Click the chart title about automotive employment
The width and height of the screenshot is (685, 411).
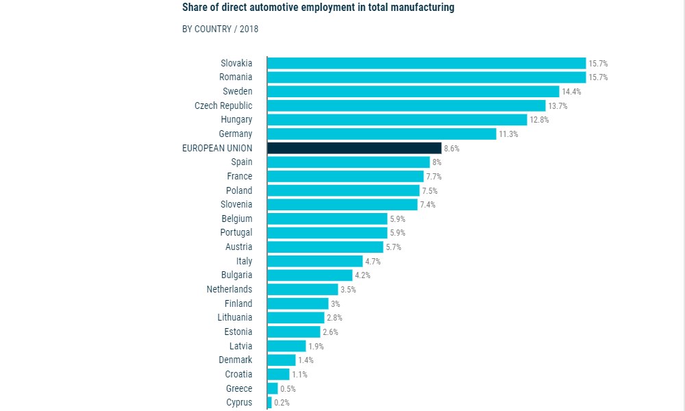tap(318, 8)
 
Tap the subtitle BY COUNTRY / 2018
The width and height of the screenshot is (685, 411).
tap(220, 29)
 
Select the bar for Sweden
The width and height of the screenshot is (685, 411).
tap(413, 91)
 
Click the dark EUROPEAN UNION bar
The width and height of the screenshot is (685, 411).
tap(354, 148)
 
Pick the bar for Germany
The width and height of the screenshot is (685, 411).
tap(382, 134)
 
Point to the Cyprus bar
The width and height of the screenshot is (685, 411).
tap(269, 402)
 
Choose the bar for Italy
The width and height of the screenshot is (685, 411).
tap(314, 261)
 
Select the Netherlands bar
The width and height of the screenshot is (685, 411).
tap(303, 289)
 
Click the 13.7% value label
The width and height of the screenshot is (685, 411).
tap(558, 105)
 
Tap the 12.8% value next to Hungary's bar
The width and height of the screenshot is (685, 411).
tap(539, 120)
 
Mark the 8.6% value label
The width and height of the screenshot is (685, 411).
tap(451, 148)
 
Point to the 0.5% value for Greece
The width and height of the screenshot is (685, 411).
tap(288, 388)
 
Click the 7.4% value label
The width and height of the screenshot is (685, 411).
tap(427, 204)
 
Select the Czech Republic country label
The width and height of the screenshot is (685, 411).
tap(223, 105)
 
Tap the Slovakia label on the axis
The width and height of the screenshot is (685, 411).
tap(236, 63)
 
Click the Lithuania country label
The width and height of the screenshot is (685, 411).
tap(235, 317)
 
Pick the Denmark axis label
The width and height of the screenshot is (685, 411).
tap(236, 360)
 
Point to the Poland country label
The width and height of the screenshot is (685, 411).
tap(239, 190)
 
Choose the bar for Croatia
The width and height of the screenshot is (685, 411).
tap(278, 374)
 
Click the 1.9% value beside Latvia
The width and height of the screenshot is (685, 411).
tap(316, 346)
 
